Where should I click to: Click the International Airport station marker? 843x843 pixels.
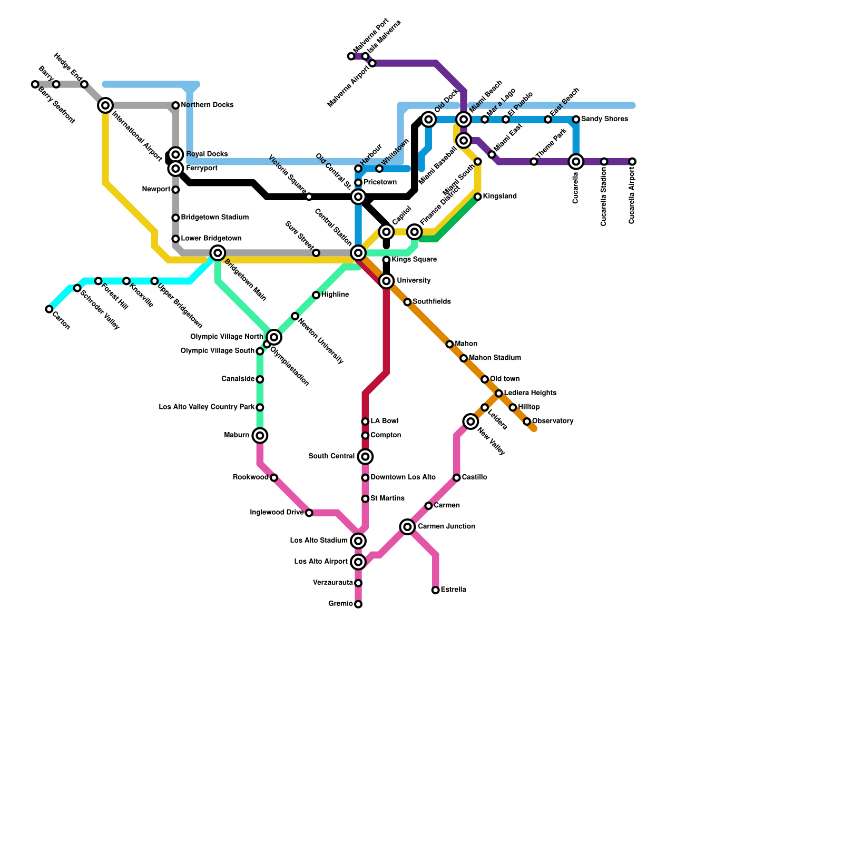tap(105, 105)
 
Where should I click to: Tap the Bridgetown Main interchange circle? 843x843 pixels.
tap(218, 253)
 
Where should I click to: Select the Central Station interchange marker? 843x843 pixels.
tap(358, 253)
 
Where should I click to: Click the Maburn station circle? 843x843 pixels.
tap(260, 435)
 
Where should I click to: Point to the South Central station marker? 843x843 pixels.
tap(365, 456)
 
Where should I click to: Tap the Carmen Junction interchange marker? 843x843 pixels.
tap(407, 526)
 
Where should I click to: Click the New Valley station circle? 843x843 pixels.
tap(471, 421)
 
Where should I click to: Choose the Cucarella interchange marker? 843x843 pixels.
tap(576, 161)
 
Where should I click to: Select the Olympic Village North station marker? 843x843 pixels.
tap(273, 337)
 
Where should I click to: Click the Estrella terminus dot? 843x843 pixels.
tap(435, 590)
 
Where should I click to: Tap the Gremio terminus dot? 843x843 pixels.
tap(358, 604)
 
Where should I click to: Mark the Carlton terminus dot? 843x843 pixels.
tap(49, 309)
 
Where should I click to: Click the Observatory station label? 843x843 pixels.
tap(553, 421)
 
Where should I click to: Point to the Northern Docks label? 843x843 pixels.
tap(207, 105)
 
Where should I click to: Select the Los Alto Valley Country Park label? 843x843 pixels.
tap(207, 407)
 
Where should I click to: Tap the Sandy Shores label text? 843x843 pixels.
tap(604, 119)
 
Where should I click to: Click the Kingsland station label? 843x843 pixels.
tap(499, 197)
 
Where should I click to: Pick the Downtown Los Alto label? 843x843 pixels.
tap(403, 477)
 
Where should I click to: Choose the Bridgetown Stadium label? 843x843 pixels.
tap(214, 218)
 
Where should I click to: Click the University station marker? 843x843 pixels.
tap(386, 281)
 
